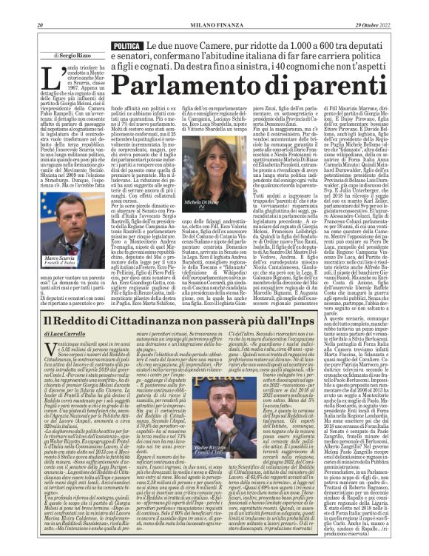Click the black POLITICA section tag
(127, 46)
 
